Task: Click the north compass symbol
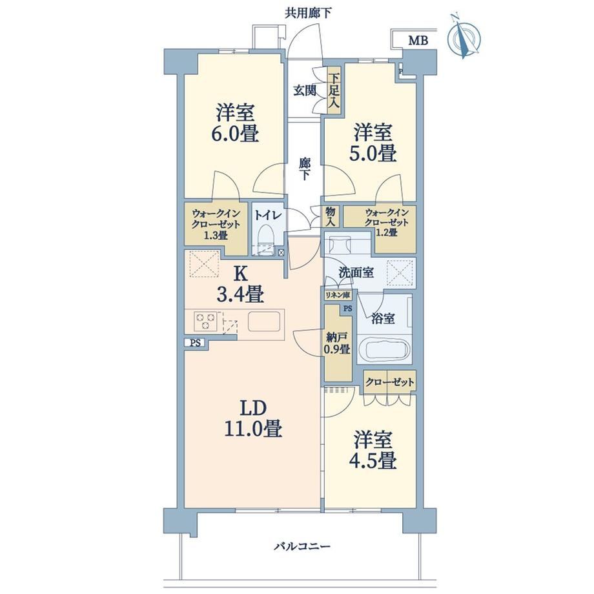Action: tap(464, 37)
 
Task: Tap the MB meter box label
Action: tap(418, 41)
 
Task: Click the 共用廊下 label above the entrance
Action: tap(309, 14)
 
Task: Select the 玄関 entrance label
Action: tap(305, 90)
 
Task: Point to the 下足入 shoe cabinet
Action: tap(334, 90)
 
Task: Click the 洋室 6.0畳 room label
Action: tap(235, 123)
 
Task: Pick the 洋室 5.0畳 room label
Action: tap(373, 143)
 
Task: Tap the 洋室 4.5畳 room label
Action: tap(373, 451)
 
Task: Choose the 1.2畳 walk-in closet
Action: tap(385, 227)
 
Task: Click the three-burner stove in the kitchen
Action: tap(206, 322)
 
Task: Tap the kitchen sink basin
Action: tap(265, 322)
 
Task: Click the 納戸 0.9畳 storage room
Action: tap(337, 343)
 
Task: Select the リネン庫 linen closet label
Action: tap(338, 295)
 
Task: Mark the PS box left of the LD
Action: tap(195, 343)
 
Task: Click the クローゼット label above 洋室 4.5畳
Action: tap(390, 382)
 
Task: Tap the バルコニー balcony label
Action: tap(302, 546)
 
